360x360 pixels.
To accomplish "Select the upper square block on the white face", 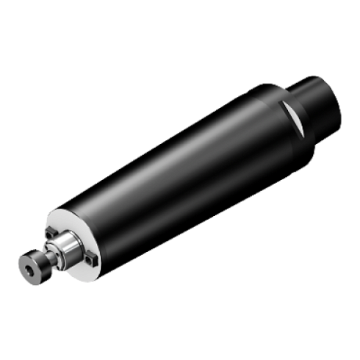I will point(51,234).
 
